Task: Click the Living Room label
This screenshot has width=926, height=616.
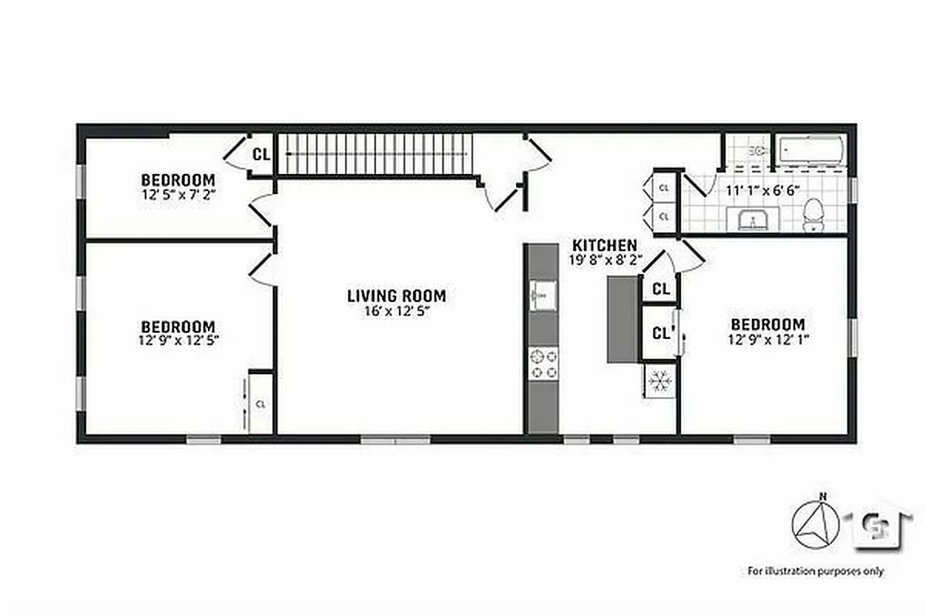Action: pyautogui.click(x=396, y=296)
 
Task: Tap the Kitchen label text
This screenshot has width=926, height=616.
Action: pyautogui.click(x=604, y=246)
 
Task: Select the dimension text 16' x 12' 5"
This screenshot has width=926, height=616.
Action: pyautogui.click(x=396, y=312)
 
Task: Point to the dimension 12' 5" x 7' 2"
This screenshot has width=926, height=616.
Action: pyautogui.click(x=177, y=195)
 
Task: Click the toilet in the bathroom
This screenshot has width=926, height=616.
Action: pyautogui.click(x=813, y=215)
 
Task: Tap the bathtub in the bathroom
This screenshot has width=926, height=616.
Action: pyautogui.click(x=810, y=150)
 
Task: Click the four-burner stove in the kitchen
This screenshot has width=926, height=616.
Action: pyautogui.click(x=543, y=363)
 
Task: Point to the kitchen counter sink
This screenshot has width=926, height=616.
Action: pyautogui.click(x=543, y=293)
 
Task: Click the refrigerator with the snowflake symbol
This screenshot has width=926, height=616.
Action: pyautogui.click(x=659, y=380)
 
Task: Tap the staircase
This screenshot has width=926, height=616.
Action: pyautogui.click(x=374, y=154)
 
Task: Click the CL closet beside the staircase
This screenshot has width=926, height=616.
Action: pyautogui.click(x=261, y=154)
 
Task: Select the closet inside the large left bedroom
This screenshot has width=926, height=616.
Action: pyautogui.click(x=260, y=403)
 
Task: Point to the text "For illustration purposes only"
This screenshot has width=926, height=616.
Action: pyautogui.click(x=816, y=571)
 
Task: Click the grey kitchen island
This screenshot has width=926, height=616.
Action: pyautogui.click(x=622, y=320)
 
